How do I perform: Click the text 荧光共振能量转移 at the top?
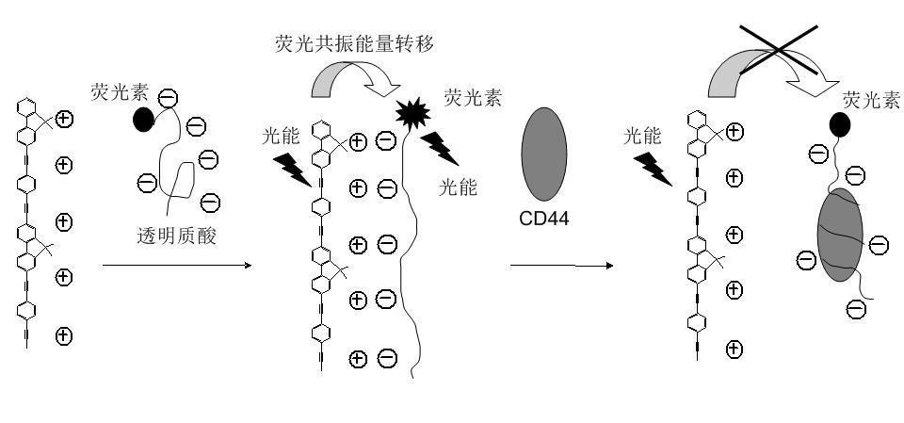tap(355, 44)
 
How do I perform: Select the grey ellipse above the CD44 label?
tap(543, 154)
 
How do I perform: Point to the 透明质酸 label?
tap(176, 236)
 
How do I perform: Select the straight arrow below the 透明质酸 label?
tap(177, 266)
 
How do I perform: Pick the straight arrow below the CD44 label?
tap(562, 265)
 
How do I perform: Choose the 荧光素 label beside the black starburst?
tap(473, 97)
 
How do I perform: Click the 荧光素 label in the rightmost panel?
tap(871, 99)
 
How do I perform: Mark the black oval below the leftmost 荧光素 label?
tap(143, 119)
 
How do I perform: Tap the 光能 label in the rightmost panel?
tap(642, 137)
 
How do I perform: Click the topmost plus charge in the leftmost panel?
tap(64, 119)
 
